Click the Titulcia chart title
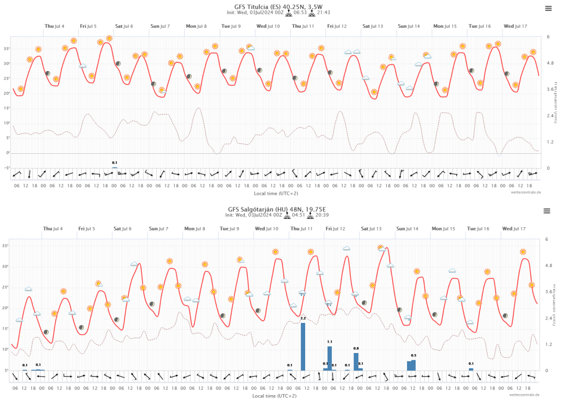(280, 6)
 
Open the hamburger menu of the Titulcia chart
(548, 8)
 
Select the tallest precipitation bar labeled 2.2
(303, 346)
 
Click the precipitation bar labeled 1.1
(330, 358)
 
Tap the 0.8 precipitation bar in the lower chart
(356, 361)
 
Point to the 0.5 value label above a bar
(414, 355)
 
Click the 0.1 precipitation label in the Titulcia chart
(115, 163)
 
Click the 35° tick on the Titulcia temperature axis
(7, 49)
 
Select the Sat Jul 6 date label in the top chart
(123, 26)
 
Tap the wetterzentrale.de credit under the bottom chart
(524, 394)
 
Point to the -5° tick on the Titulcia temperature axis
(7, 168)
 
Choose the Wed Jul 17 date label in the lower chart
(515, 228)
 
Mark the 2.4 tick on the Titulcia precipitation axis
(549, 115)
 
